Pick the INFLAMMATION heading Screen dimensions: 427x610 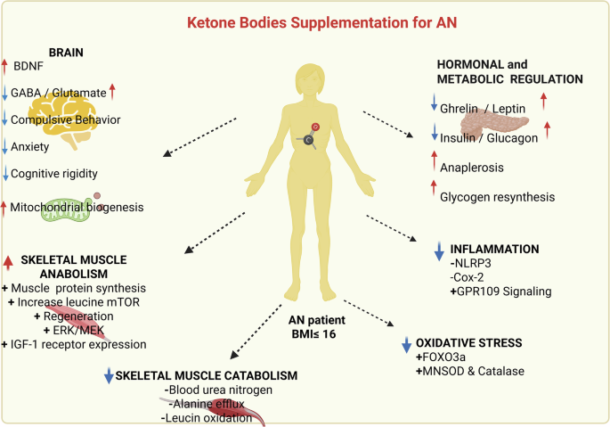tap(496, 249)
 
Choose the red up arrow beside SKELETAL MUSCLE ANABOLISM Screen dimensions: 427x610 tap(9, 262)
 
